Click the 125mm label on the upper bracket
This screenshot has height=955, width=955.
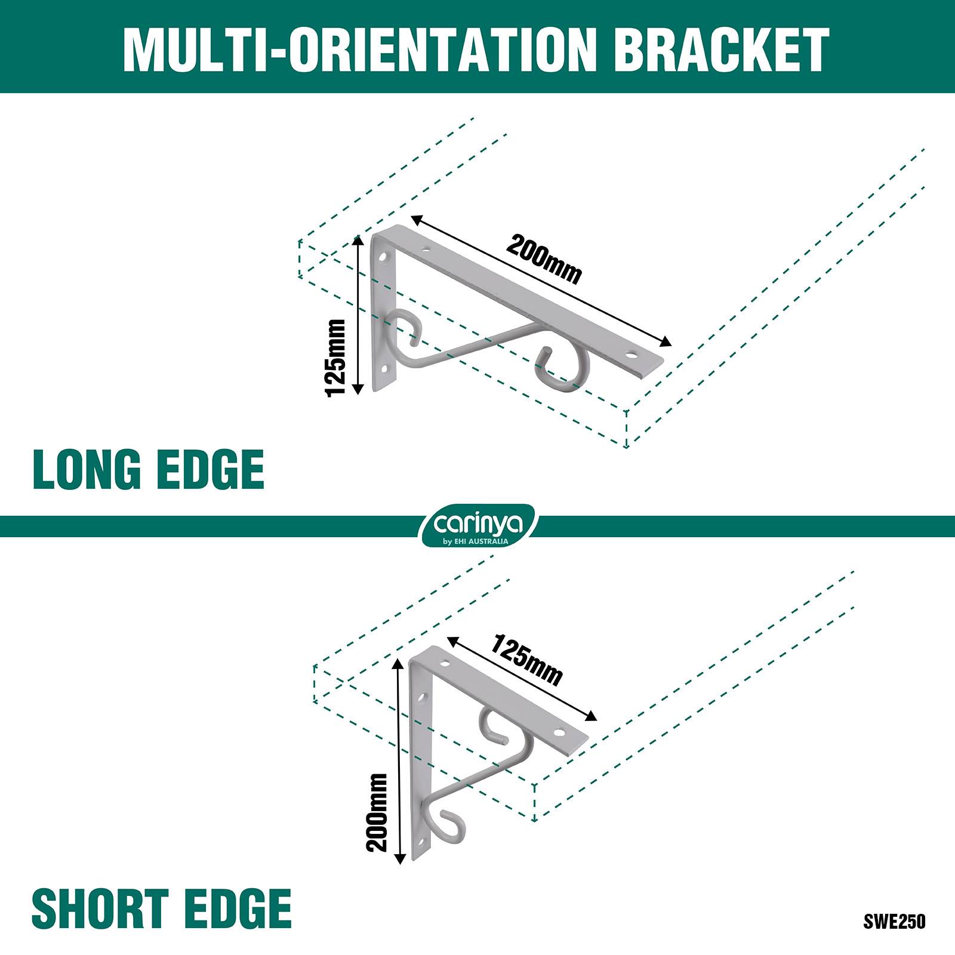click(335, 358)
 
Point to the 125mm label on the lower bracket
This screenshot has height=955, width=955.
click(526, 660)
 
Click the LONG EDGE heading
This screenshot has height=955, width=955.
click(148, 470)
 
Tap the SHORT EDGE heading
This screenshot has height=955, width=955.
click(162, 908)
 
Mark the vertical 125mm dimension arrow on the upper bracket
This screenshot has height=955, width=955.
click(358, 315)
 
